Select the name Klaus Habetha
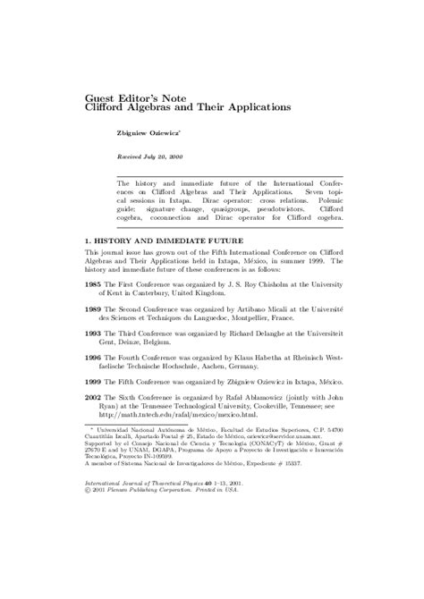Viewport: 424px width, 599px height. pyautogui.click(x=274, y=367)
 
